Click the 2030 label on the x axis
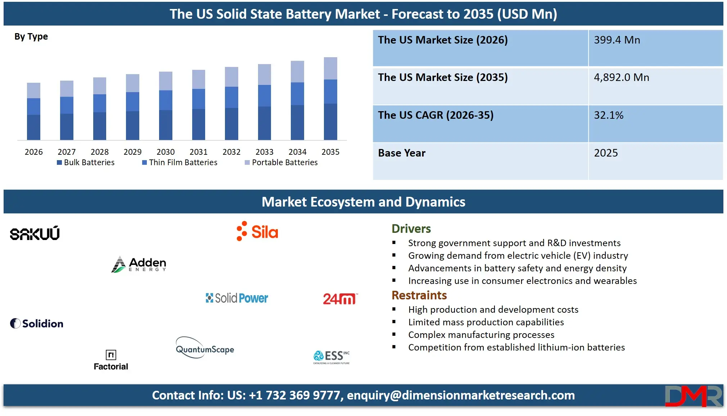(166, 152)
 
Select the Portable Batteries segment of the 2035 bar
(330, 68)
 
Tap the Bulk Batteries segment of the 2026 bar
(33, 127)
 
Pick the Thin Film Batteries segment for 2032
(231, 97)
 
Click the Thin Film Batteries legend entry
(180, 163)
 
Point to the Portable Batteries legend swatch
(247, 163)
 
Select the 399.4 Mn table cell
(655, 48)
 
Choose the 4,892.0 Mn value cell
(655, 86)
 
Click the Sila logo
(257, 231)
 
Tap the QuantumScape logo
(205, 348)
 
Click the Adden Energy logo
(139, 264)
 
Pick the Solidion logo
(37, 324)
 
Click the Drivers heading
(411, 229)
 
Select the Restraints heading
(419, 295)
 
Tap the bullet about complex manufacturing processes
(481, 335)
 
